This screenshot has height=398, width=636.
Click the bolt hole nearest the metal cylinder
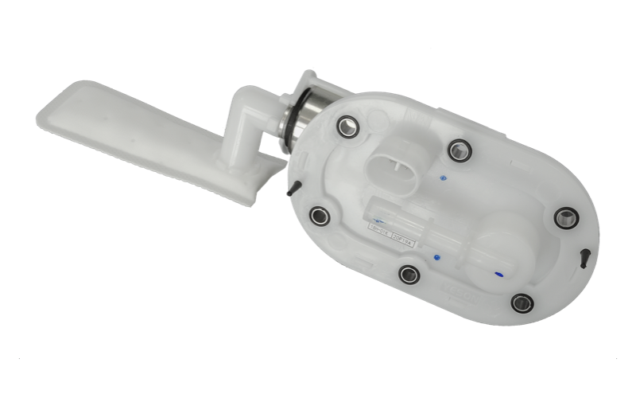347,125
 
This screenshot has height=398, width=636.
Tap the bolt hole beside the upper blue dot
459,149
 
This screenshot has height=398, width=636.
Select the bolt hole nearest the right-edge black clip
566,217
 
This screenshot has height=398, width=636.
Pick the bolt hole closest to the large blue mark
522,302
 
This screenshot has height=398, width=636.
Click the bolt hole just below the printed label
409,275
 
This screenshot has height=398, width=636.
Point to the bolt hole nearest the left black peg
320,215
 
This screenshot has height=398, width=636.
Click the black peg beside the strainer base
293,187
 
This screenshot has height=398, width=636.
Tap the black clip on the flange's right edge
585,256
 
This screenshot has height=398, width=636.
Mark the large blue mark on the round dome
498,275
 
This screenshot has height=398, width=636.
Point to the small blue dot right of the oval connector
442,177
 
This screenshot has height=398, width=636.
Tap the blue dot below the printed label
436,257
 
